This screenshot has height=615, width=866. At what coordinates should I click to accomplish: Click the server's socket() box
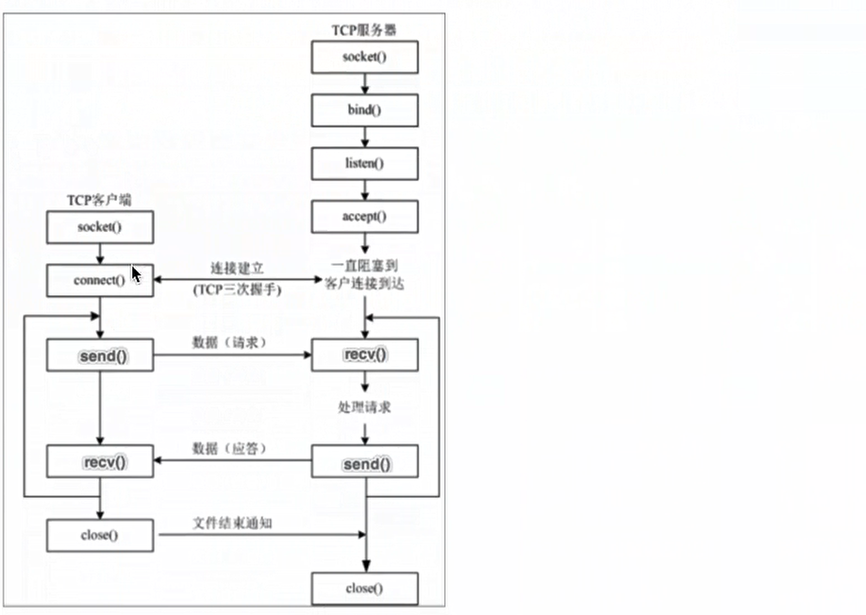point(364,58)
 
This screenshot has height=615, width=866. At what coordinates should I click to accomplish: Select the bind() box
point(364,110)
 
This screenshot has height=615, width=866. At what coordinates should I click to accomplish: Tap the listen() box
point(364,163)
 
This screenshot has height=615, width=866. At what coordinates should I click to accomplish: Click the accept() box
point(364,216)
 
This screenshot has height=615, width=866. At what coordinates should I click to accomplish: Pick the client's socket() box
point(99,226)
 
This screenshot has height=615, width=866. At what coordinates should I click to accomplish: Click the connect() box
point(99,280)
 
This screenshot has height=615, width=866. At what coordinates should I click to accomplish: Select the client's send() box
point(99,356)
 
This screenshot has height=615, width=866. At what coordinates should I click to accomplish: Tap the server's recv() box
point(364,356)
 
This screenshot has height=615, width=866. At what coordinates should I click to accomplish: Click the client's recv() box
point(99,462)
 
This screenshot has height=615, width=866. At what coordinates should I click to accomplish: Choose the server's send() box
point(364,463)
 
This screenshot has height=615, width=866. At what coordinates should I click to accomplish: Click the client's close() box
point(99,536)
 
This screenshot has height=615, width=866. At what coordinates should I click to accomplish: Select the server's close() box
point(364,589)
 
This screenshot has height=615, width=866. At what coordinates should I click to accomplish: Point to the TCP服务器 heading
point(364,29)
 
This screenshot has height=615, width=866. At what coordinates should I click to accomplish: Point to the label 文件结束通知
point(234,522)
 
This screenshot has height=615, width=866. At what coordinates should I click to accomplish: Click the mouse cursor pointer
point(136,274)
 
